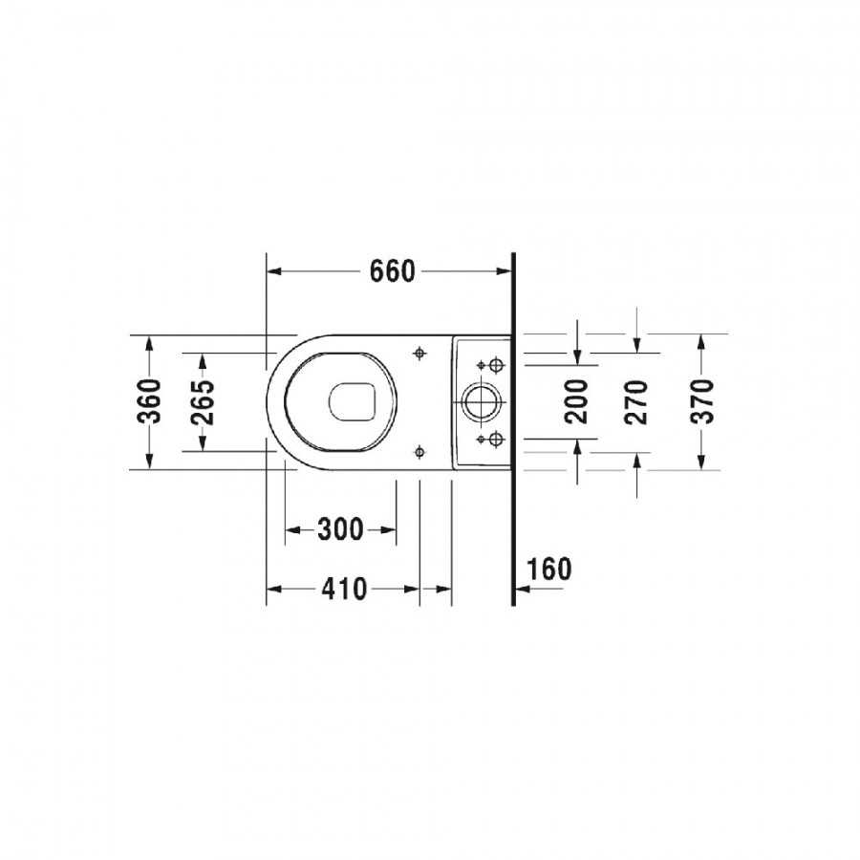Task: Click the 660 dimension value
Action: tap(392, 271)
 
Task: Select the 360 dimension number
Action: tap(149, 401)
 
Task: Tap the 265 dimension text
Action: tap(203, 402)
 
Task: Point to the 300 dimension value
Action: tap(340, 529)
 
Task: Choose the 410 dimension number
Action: tap(344, 589)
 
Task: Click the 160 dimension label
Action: tap(548, 569)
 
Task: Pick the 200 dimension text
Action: tap(576, 401)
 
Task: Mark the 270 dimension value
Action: tap(636, 401)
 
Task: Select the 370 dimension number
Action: tap(702, 401)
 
